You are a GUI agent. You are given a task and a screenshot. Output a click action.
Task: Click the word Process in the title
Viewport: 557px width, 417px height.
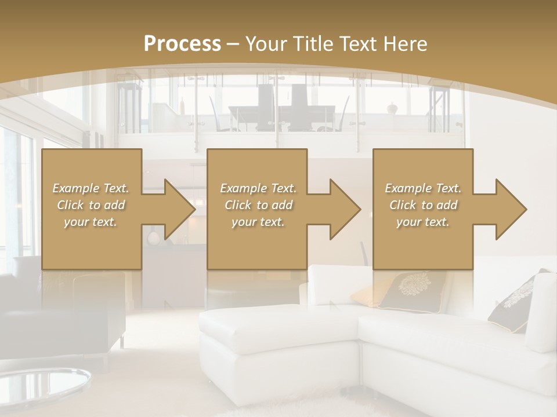coord(182,43)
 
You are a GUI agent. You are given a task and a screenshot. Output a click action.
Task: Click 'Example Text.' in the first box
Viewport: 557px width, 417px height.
coord(91,188)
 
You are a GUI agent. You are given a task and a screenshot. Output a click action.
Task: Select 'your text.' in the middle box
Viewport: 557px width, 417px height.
coord(258,222)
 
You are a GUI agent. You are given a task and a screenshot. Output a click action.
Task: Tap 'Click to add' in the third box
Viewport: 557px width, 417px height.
coord(423,205)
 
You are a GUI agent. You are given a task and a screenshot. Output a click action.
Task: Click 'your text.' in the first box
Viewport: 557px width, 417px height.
coord(91,222)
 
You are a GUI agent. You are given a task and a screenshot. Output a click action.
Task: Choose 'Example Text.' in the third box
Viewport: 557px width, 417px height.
coord(423,188)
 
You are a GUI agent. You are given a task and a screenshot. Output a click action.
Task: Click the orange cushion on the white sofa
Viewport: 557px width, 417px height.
coord(367,295)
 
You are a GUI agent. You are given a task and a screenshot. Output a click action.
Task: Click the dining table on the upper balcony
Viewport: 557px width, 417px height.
coord(278,113)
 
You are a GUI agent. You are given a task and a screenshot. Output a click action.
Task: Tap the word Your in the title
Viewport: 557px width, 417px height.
coord(266,43)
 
